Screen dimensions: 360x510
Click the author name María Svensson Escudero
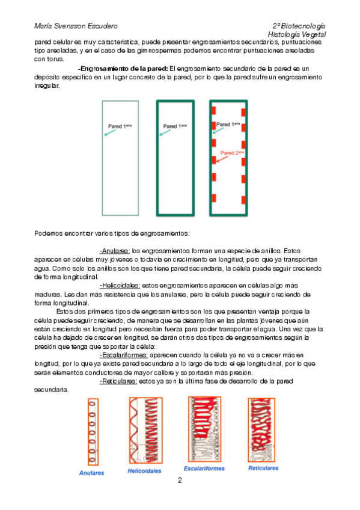coord(76,26)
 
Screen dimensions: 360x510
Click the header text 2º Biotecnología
coord(299,26)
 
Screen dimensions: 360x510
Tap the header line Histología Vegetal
coord(297,34)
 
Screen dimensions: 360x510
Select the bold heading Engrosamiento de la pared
coord(123,69)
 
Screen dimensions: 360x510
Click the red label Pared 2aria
coord(232,153)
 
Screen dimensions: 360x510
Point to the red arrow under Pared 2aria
coord(222,159)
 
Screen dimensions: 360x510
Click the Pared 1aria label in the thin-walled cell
coord(120,126)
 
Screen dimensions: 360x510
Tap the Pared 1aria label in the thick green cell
coord(175,126)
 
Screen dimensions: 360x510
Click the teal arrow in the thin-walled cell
coord(110,133)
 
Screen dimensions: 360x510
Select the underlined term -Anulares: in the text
coord(115,251)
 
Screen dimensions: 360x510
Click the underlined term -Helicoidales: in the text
coord(120,286)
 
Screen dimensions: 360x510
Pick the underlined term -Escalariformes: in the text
coord(123,355)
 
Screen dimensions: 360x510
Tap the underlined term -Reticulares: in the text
coord(118,381)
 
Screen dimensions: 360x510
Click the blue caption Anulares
coord(91,473)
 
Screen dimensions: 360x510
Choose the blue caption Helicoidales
coord(144,471)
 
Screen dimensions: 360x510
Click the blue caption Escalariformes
coord(204,469)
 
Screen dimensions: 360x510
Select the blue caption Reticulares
coord(263,469)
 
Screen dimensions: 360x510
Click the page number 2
coord(180,481)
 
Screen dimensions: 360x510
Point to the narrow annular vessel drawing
coord(93,432)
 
